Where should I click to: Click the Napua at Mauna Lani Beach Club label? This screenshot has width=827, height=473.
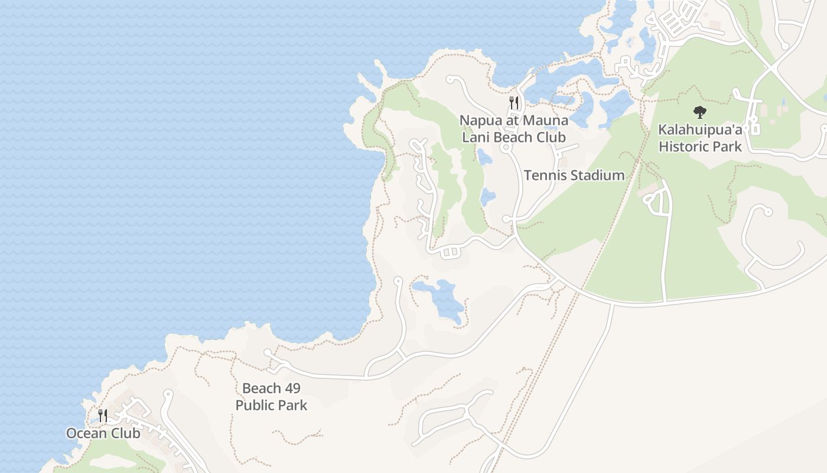pos(514,129)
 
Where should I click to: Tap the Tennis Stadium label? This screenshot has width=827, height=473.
pos(574,175)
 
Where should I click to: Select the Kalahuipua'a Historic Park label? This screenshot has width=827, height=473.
pos(700,138)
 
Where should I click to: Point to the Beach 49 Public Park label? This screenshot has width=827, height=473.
pos(271,397)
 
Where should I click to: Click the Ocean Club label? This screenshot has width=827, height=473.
pos(103,433)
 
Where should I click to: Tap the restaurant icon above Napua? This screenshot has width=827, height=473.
pos(514,103)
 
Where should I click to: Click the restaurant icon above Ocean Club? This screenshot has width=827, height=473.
pos(103,416)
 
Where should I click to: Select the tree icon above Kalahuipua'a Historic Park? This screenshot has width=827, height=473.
pos(700,112)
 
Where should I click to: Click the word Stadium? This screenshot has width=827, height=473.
pos(597,175)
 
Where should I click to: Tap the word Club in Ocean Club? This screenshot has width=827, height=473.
pos(126,433)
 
